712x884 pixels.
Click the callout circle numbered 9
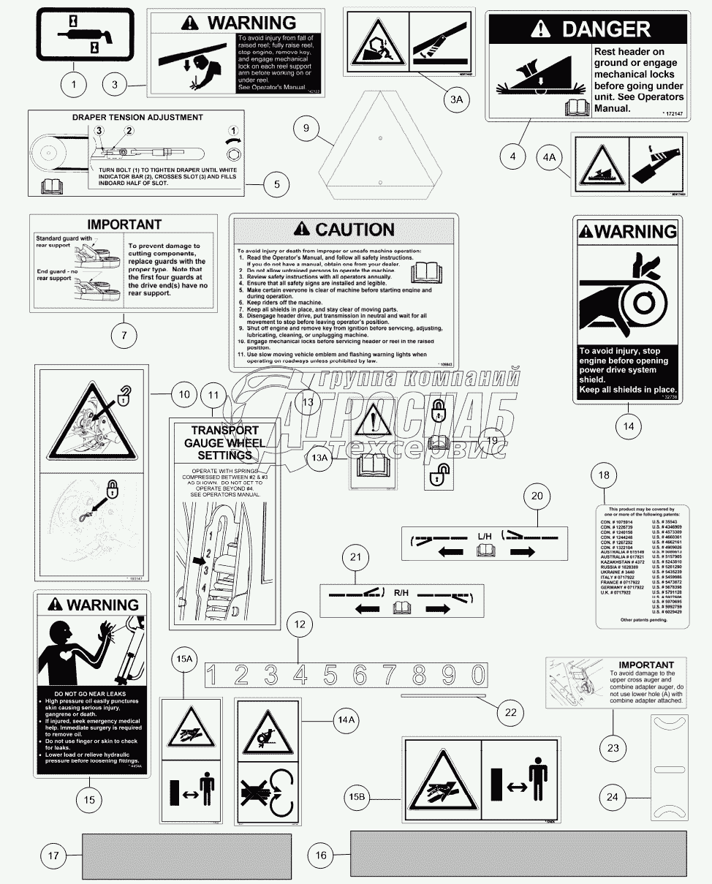(x=307, y=129)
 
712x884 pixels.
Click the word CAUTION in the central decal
(x=355, y=230)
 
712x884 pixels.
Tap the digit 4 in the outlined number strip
(x=300, y=674)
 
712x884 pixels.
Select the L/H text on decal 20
(x=485, y=537)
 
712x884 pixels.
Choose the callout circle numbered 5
(x=276, y=184)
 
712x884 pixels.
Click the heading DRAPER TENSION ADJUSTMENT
(x=137, y=117)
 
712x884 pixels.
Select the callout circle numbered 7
(x=124, y=336)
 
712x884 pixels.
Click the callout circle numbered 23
(x=613, y=748)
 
